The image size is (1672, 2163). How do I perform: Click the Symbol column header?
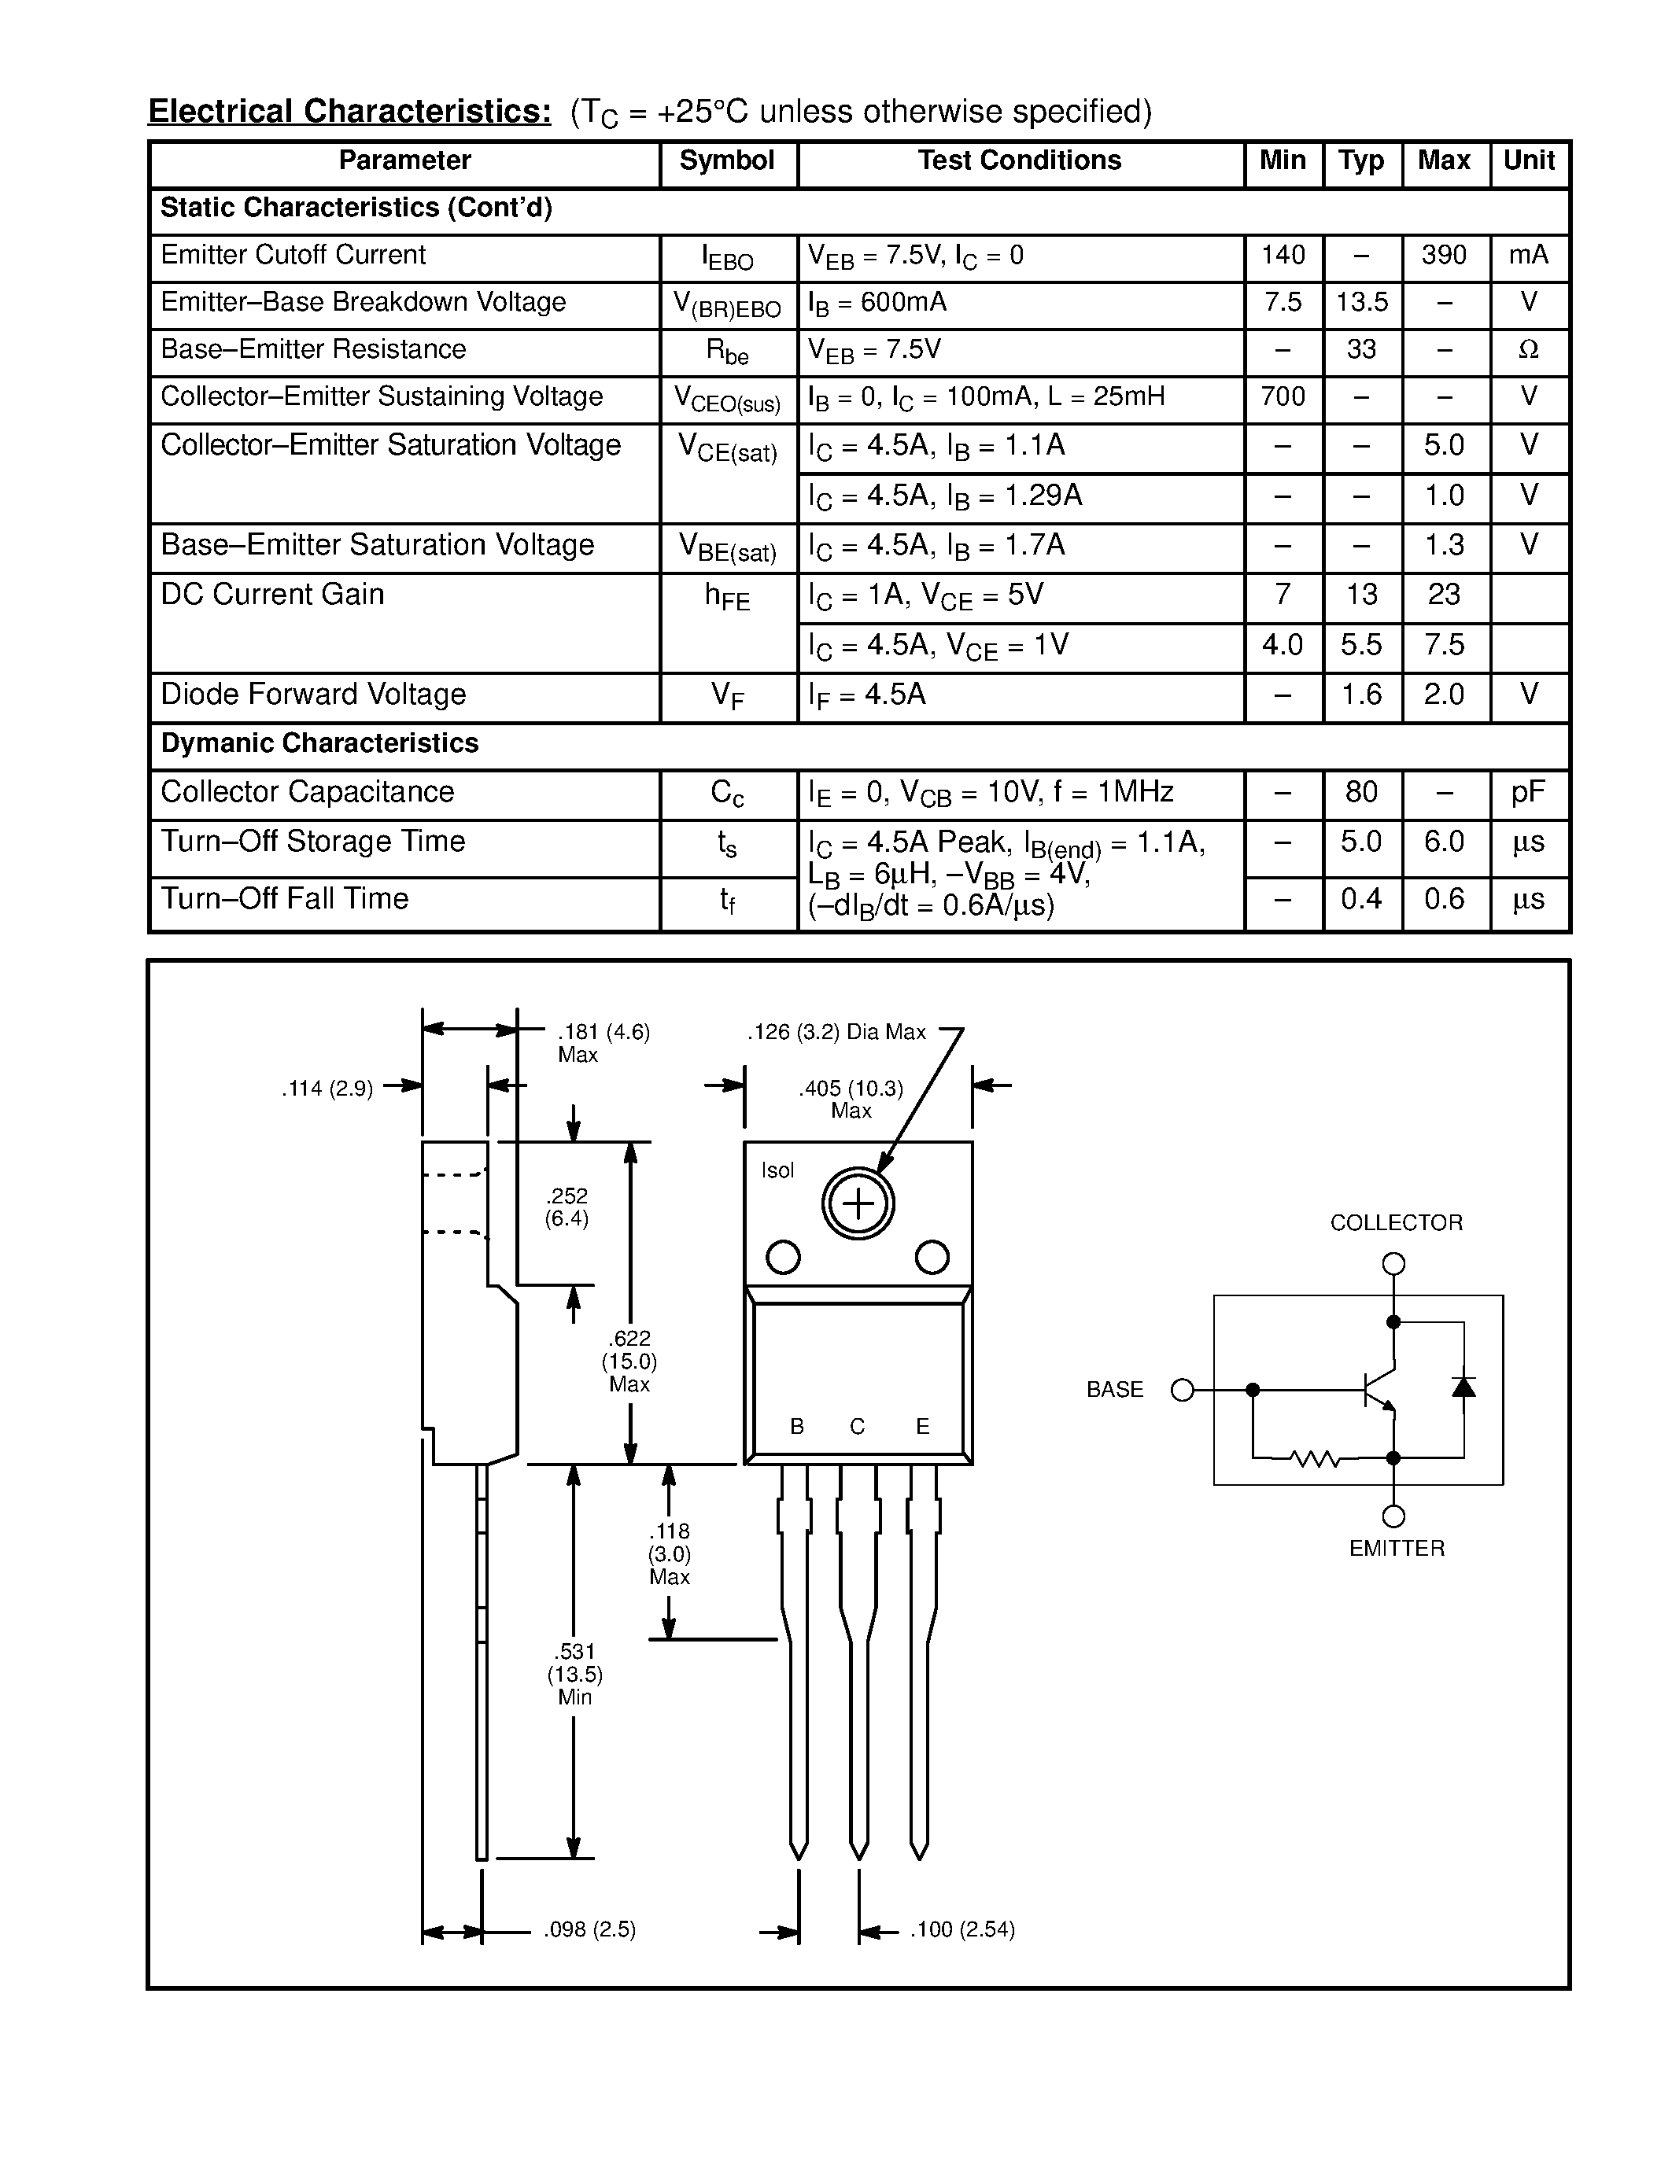click(726, 160)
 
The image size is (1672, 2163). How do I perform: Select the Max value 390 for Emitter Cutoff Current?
click(1443, 256)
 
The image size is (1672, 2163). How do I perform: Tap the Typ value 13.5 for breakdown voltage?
click(1361, 302)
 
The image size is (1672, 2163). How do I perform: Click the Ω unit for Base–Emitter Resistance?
click(1528, 349)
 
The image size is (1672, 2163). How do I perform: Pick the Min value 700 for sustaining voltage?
click(1283, 397)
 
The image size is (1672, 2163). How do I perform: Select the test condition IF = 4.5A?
click(867, 695)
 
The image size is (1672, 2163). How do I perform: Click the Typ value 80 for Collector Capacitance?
click(1361, 792)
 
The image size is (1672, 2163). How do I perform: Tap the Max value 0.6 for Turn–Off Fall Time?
click(1443, 899)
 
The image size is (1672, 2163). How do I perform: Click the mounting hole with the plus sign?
click(858, 1204)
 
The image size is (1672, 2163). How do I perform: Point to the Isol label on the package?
click(777, 1170)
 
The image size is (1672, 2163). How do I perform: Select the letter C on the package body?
click(858, 1426)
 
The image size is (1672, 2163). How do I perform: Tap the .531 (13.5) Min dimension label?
click(574, 1674)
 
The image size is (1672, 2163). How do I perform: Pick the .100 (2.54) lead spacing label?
click(961, 1929)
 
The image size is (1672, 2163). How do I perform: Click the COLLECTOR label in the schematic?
click(1396, 1223)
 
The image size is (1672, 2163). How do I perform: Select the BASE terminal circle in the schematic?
click(1183, 1391)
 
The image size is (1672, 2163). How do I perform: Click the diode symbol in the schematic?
click(1463, 1387)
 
